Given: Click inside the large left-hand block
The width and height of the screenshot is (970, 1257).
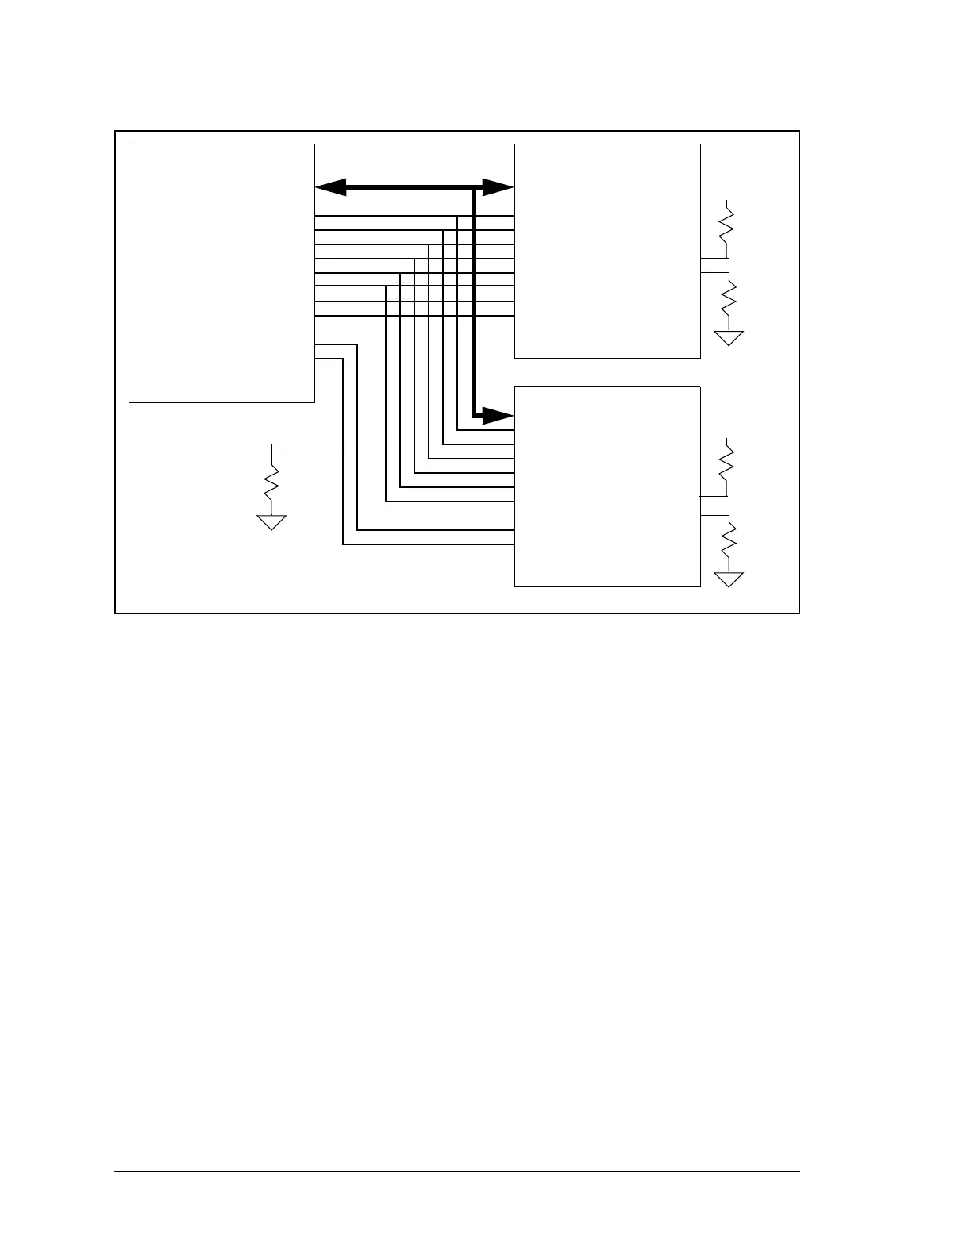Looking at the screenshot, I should tap(221, 273).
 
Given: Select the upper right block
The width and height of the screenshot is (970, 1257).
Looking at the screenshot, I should tap(607, 251).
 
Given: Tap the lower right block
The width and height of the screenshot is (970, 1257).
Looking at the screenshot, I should tap(607, 486).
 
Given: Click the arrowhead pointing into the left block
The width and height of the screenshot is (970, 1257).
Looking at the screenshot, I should tap(330, 188).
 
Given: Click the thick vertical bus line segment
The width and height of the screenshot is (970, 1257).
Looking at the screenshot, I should tap(474, 302).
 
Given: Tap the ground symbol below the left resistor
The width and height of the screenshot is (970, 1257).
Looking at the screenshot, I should tap(271, 521).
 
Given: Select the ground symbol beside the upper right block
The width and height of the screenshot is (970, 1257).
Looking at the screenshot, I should tap(729, 338).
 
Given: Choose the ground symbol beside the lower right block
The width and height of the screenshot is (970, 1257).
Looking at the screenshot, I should tap(729, 579).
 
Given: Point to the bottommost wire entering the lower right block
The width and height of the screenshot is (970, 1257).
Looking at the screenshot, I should tap(429, 544).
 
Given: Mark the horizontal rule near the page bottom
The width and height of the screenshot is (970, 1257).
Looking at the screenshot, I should tap(457, 1171).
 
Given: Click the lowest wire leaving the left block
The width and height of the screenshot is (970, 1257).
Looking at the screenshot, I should tap(329, 359).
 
